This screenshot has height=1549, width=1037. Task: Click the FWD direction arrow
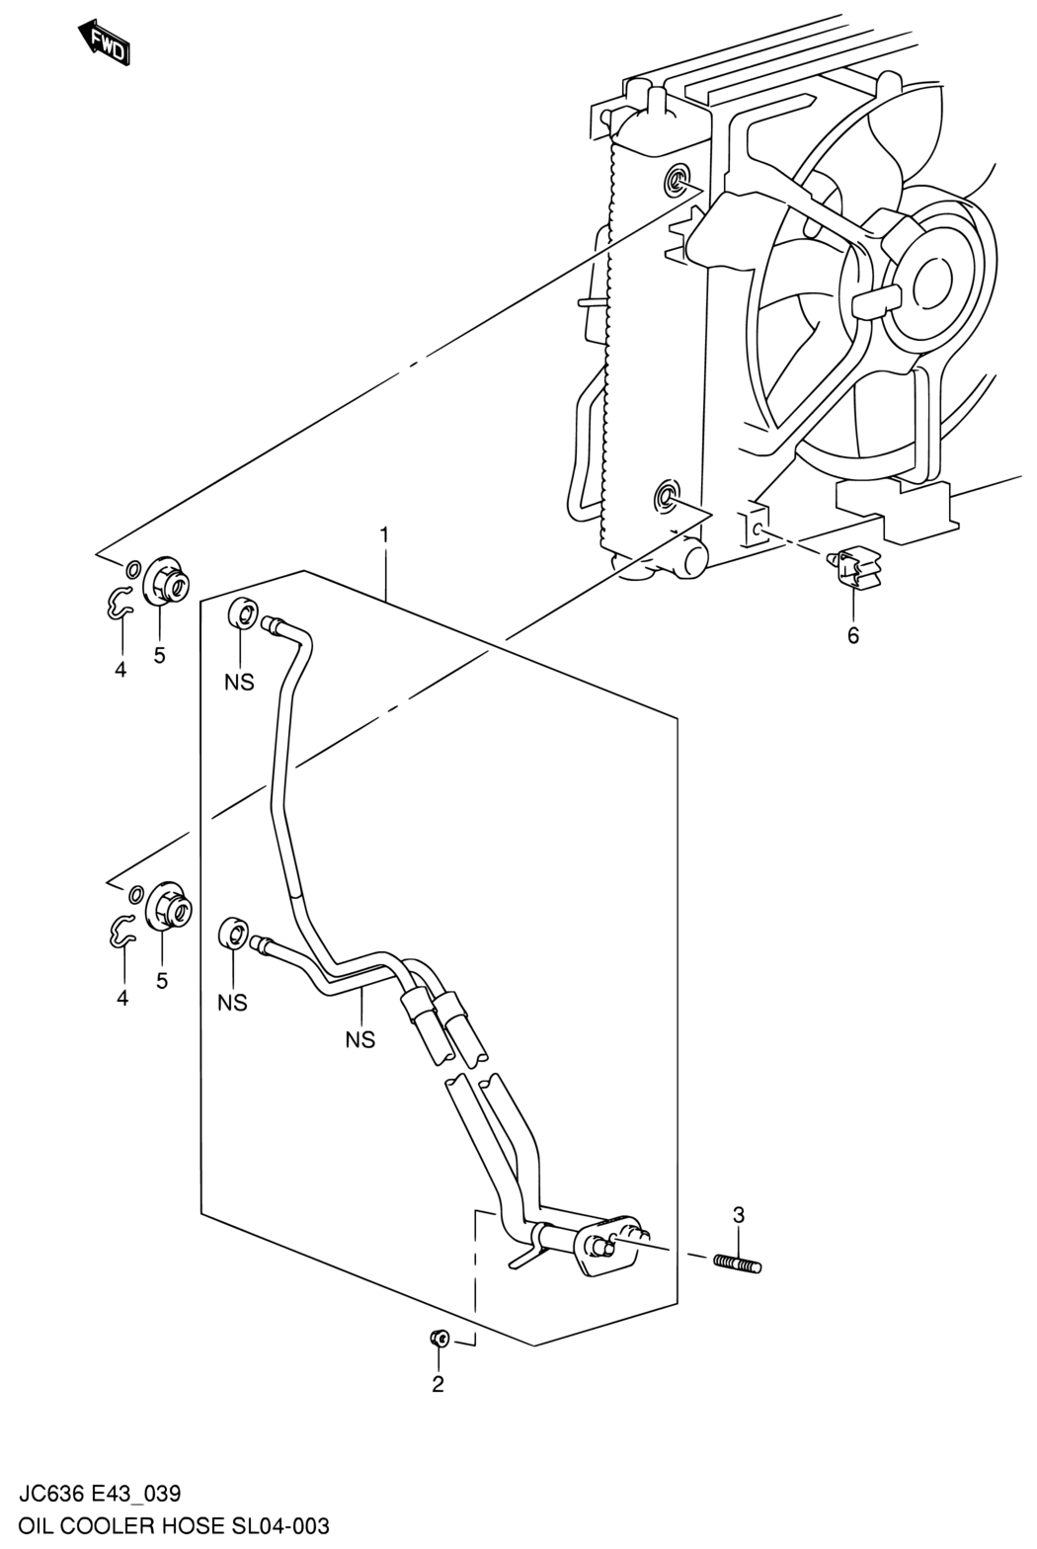tap(105, 43)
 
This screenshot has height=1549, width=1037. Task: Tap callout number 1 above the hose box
tap(383, 535)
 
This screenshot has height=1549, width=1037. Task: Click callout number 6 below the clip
tap(853, 635)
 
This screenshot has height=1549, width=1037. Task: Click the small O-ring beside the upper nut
tap(133, 570)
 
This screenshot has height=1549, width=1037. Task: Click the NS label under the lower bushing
tap(232, 1003)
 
